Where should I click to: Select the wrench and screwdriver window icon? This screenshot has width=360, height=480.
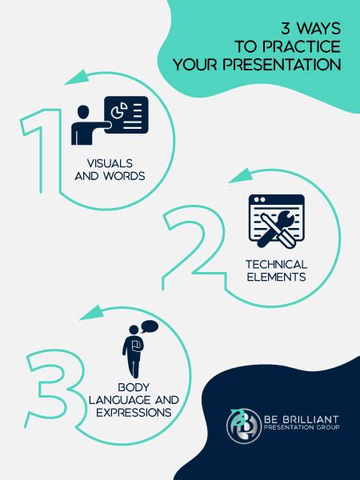pos(276,221)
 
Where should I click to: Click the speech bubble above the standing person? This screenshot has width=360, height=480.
pos(149,326)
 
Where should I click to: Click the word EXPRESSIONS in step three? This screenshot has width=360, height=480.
pos(132,413)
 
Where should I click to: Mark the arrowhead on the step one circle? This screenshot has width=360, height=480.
pos(75,78)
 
